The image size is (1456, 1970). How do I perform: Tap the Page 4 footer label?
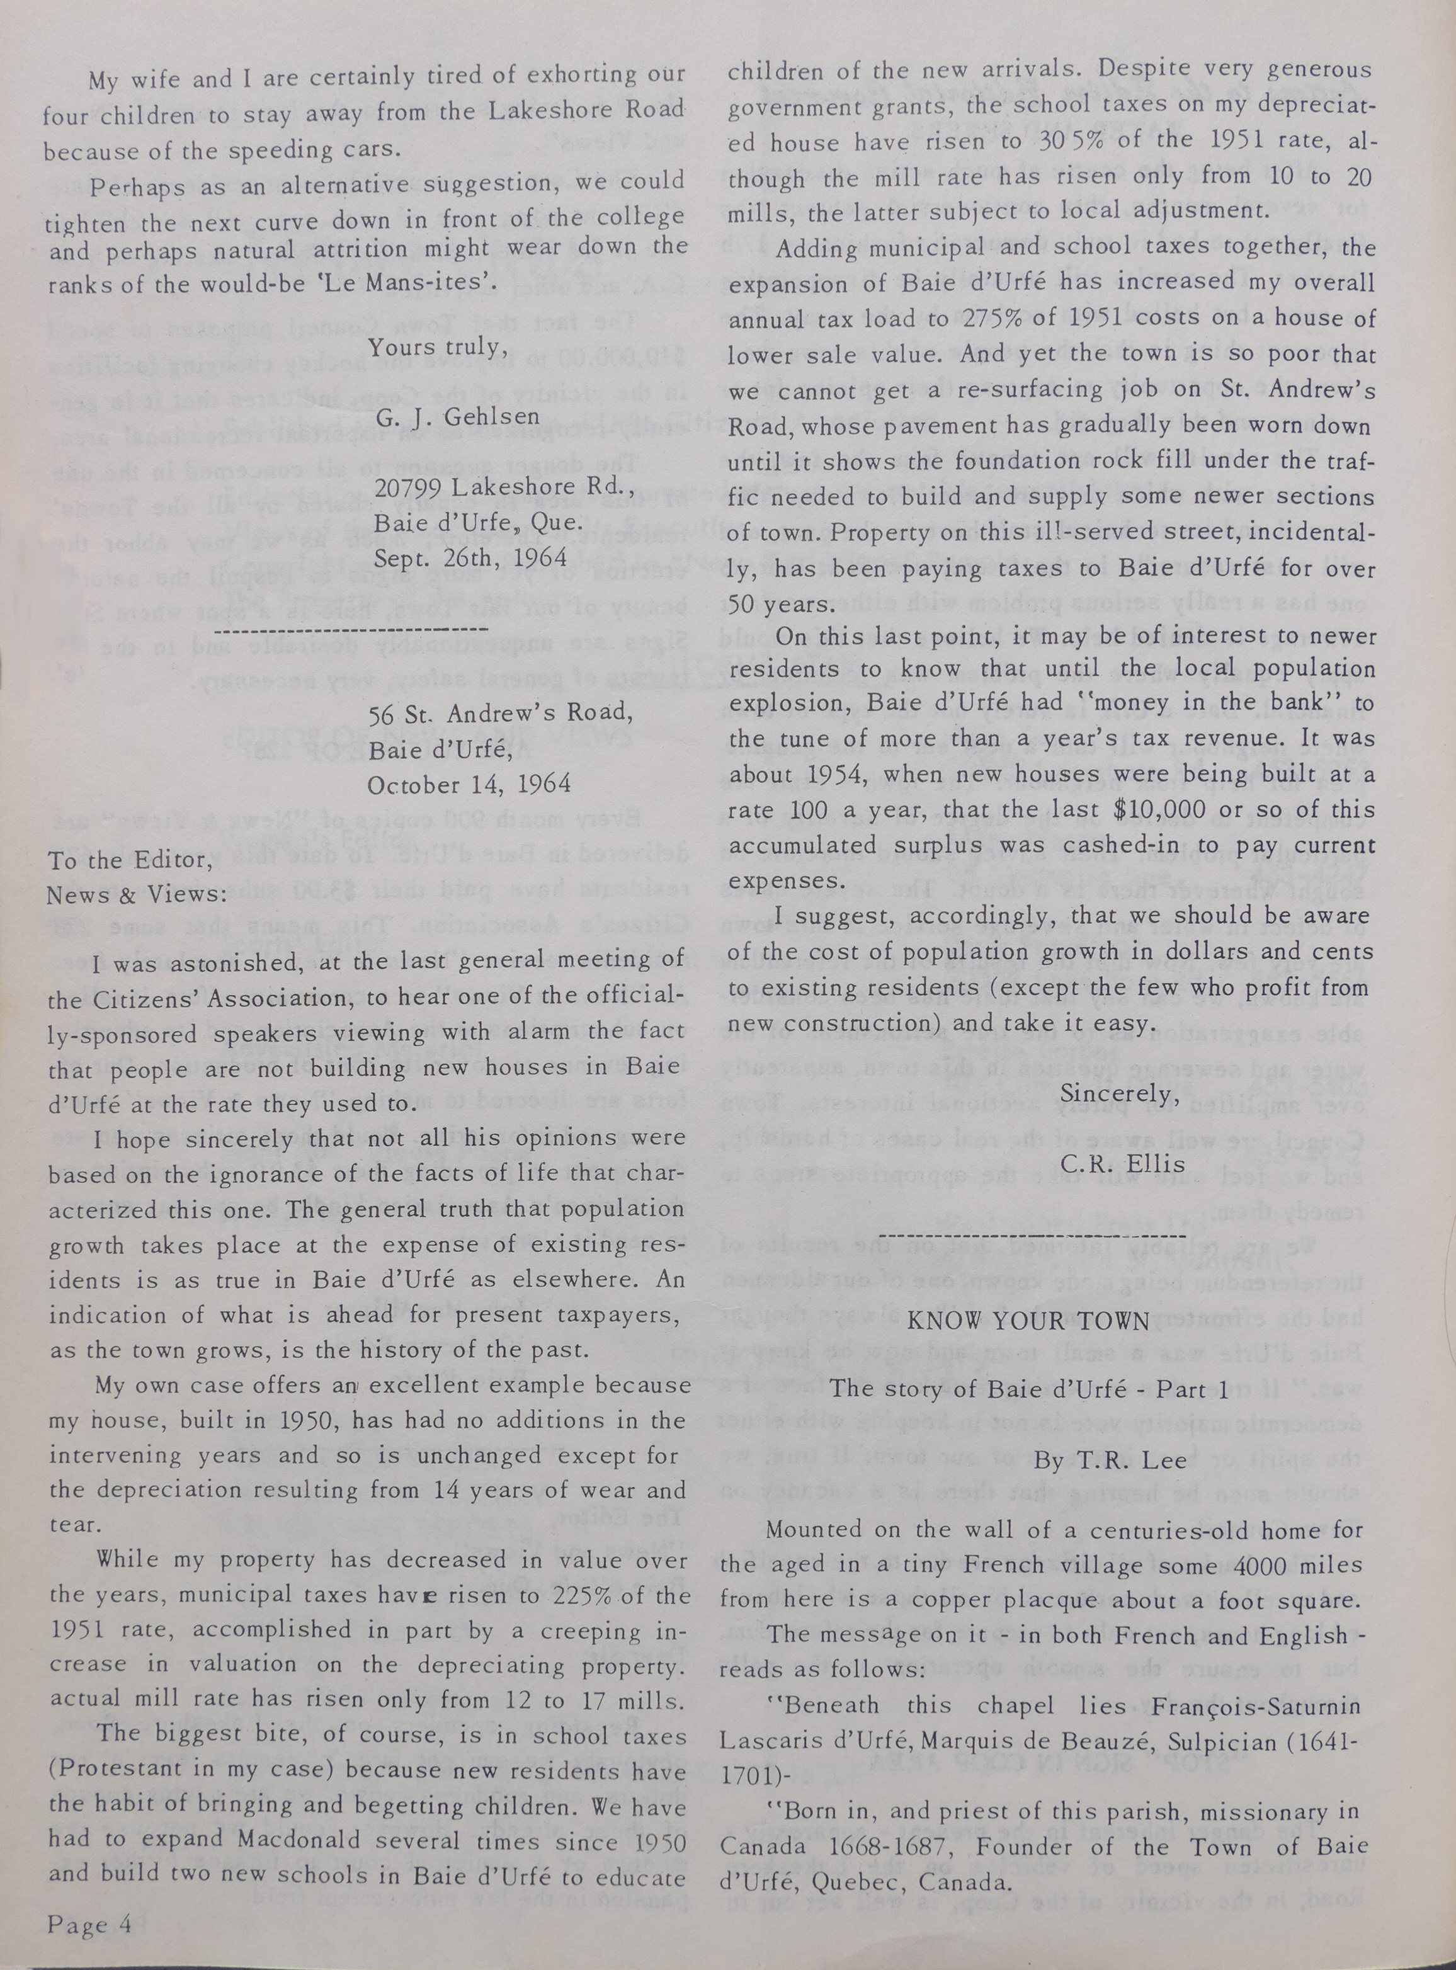coord(89,1917)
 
